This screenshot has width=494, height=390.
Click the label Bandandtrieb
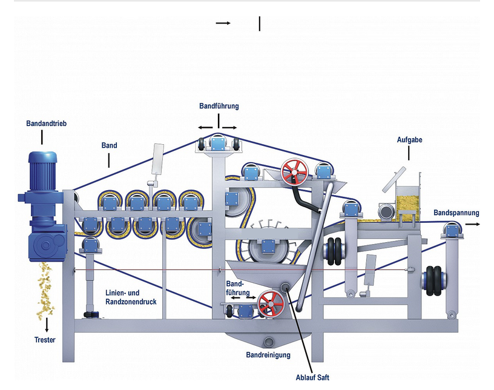coord(46,124)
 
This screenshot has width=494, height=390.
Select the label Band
coord(110,145)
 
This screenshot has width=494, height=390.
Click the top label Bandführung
coord(219,106)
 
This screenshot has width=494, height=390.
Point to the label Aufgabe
coord(409,140)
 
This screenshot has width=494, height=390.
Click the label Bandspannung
coord(456,213)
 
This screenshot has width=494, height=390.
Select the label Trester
coord(45,340)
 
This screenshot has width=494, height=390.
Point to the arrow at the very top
coord(223,23)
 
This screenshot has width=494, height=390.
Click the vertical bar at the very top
coord(260,24)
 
